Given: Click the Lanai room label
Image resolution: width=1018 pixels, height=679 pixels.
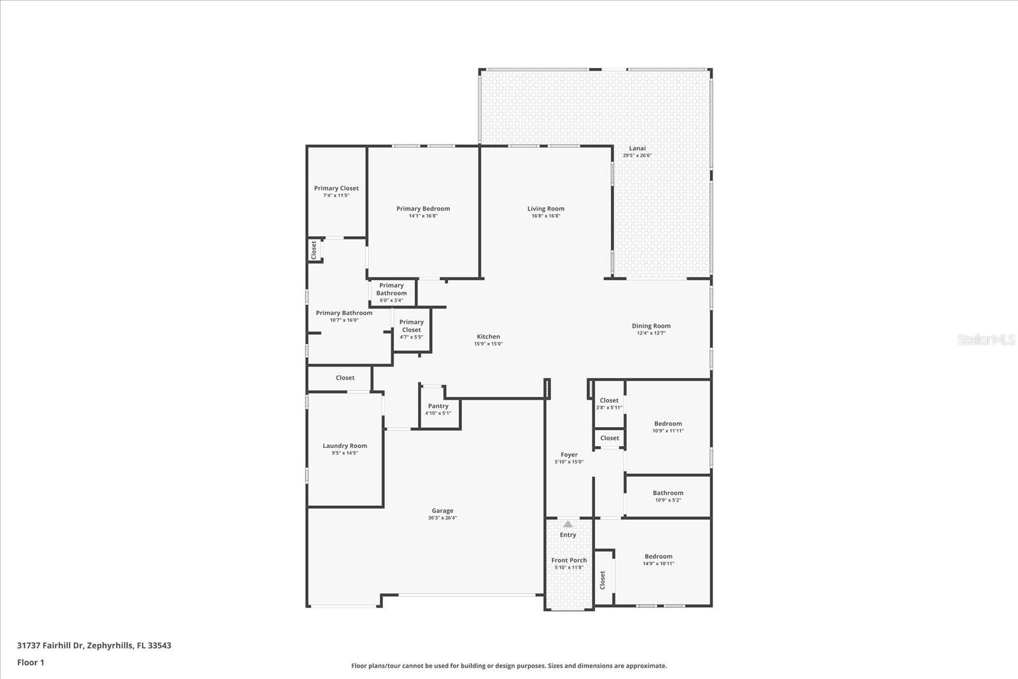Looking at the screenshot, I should tap(637, 148).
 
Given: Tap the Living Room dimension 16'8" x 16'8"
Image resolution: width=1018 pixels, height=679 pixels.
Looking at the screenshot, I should tap(546, 216).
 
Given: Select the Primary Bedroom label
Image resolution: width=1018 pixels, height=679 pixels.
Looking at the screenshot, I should tap(423, 209).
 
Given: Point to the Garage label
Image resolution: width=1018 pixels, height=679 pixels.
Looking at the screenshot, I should tap(443, 510).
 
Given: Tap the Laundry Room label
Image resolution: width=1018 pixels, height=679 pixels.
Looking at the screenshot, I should tap(345, 446).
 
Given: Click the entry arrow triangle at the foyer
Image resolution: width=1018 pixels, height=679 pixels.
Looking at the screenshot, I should tap(568, 524).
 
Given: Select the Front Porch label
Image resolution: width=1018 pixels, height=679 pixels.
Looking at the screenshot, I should tap(569, 561).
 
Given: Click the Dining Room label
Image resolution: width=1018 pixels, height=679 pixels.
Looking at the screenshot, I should tap(651, 326).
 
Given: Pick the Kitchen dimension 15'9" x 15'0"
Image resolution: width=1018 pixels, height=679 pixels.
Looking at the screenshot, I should tap(489, 344).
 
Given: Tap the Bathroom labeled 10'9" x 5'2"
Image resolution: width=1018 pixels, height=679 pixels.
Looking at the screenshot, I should tap(668, 496).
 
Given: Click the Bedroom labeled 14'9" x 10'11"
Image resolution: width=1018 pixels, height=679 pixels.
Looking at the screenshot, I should tap(658, 559).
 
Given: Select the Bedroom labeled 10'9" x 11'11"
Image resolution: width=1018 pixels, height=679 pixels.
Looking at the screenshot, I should tap(668, 426).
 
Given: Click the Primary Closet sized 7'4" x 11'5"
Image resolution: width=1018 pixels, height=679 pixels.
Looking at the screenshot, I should tap(336, 192).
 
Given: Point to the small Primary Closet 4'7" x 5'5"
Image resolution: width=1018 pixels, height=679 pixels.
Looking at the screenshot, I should tap(412, 329).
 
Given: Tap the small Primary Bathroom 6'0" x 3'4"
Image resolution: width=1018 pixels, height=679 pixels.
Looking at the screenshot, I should tap(391, 293).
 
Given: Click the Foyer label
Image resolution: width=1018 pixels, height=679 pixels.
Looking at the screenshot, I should tap(569, 455).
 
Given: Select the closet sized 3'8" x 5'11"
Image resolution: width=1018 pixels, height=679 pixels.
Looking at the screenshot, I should tap(609, 403).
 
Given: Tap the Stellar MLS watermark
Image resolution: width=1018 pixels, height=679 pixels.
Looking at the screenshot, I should tap(987, 340).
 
